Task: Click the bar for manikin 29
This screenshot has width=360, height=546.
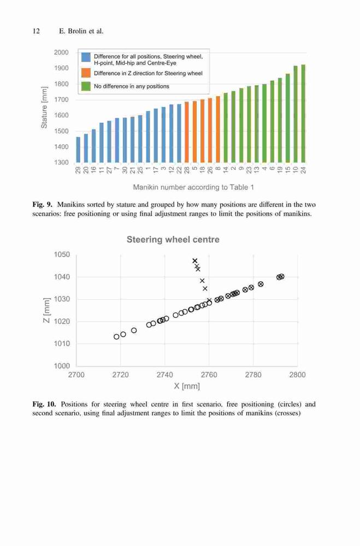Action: coord(78,150)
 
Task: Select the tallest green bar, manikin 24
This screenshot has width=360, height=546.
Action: coord(303,114)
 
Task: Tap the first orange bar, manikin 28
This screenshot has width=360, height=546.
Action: coord(186,132)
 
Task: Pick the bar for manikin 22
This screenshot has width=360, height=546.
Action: coord(179,133)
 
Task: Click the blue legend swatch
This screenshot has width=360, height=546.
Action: coord(86,57)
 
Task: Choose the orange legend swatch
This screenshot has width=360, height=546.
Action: coord(86,73)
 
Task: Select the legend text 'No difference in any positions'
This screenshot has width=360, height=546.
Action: coord(132,86)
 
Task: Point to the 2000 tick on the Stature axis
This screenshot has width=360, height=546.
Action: coord(61,52)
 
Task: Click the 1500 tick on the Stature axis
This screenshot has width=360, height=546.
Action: coord(61,131)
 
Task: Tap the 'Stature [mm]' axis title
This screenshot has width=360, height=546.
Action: coord(44,107)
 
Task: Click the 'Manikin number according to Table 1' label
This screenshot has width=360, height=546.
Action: coord(193,187)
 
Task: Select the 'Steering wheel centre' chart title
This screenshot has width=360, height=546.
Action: coord(173,240)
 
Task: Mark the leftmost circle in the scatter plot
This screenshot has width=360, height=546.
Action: coord(116,337)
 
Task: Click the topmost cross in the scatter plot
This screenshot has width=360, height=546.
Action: coord(195,261)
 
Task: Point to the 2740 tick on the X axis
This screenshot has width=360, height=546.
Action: coord(164,375)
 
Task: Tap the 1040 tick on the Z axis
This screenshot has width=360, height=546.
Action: coord(62,277)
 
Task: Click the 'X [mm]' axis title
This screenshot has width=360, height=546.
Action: coord(187,386)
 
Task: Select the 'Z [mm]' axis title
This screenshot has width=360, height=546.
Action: coord(46,310)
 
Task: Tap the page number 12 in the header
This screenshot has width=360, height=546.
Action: coord(36,31)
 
